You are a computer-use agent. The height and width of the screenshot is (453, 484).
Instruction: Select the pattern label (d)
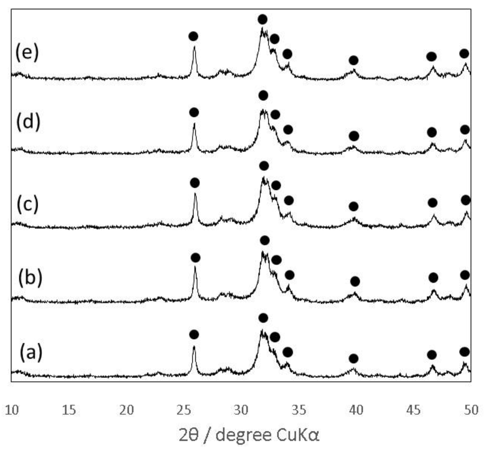tap(28, 122)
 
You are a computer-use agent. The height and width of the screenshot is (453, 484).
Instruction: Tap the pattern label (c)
tap(28, 204)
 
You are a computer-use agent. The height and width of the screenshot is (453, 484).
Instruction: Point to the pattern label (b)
tap(30, 277)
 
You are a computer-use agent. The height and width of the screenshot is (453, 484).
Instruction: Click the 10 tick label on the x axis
tap(11, 410)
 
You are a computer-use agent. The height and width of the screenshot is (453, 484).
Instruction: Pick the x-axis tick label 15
tap(69, 410)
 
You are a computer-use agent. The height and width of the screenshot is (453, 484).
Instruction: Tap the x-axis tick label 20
tap(126, 410)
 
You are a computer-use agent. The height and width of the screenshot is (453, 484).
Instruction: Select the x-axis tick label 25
tap(184, 410)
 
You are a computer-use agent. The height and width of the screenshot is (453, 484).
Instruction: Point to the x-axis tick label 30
tap(241, 410)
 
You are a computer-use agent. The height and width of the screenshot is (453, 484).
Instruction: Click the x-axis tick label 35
tap(299, 410)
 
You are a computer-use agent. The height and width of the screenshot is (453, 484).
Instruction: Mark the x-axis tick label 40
tap(356, 410)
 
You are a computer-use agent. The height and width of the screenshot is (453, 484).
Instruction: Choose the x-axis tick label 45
tap(414, 410)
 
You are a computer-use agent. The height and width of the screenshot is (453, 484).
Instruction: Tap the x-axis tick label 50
tap(471, 410)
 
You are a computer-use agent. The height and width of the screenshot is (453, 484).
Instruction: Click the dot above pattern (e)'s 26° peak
tap(193, 36)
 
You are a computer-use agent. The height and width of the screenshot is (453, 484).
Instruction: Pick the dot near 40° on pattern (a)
tap(353, 359)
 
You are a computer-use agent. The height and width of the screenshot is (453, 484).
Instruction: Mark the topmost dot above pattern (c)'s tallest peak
tap(264, 166)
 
